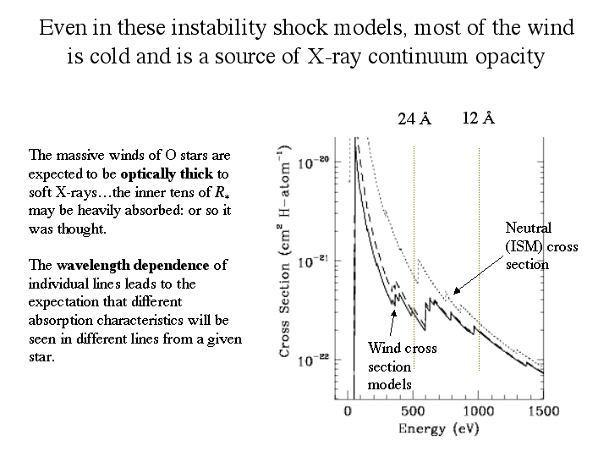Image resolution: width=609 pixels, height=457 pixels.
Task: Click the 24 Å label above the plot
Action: click(414, 119)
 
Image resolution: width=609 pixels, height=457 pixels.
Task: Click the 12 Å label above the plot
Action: click(479, 118)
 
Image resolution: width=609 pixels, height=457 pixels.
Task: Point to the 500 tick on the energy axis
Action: click(414, 411)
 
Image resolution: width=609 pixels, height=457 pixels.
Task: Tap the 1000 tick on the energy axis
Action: click(479, 411)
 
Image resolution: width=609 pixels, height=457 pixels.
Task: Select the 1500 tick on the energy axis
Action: click(543, 411)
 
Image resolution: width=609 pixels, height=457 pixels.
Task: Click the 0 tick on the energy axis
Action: click(348, 411)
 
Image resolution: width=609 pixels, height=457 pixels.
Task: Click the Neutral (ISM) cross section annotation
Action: click(528, 245)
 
